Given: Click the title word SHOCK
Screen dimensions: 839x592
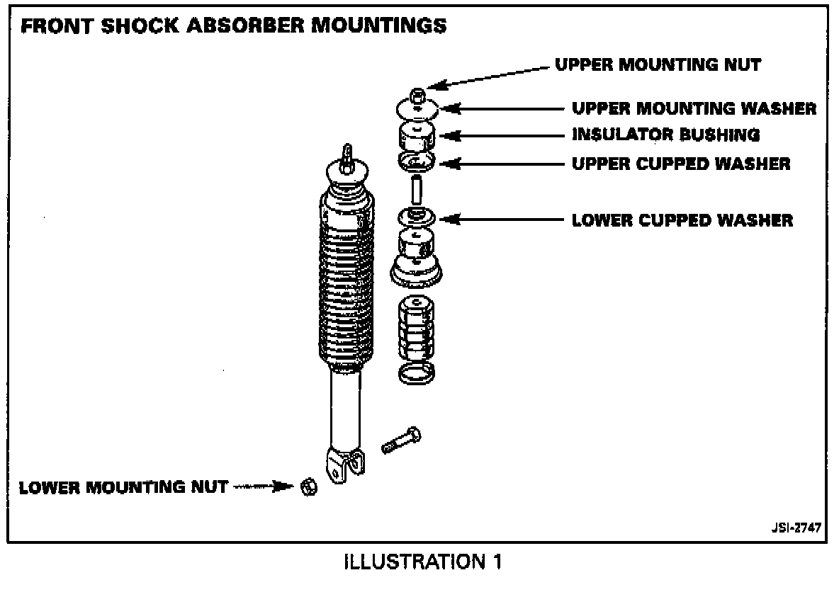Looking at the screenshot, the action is click(x=140, y=25).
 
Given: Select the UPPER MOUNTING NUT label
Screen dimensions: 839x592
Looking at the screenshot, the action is click(x=658, y=64).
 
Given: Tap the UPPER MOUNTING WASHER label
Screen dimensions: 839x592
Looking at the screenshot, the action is click(x=694, y=108).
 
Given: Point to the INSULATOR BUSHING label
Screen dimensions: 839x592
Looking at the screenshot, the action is click(x=665, y=135).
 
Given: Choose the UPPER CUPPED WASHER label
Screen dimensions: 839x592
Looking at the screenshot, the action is click(x=680, y=164).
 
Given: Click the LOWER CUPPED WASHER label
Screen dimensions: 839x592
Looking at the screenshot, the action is click(x=682, y=220).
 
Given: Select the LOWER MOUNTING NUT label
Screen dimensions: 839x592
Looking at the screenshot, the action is click(x=123, y=487).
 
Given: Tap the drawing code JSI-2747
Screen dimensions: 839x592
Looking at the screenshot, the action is click(x=796, y=528).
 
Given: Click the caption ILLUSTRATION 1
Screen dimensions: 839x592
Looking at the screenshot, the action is click(x=423, y=562).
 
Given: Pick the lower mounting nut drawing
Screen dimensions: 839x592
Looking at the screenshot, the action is click(x=309, y=487).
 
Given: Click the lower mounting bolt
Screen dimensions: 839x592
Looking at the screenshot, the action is click(x=401, y=440).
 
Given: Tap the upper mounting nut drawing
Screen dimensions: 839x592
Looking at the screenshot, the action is click(x=417, y=96).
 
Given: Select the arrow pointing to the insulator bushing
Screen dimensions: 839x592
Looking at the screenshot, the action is click(x=502, y=136).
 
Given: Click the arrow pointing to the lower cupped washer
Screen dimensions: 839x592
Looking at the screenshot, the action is click(x=502, y=220).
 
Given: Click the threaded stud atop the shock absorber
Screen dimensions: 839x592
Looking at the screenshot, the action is click(x=347, y=159).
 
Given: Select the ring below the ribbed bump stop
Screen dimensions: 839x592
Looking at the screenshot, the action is click(x=417, y=372).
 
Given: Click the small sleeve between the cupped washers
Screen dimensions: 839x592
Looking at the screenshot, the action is click(x=416, y=189).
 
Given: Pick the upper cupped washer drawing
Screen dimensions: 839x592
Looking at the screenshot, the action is click(x=417, y=161).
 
